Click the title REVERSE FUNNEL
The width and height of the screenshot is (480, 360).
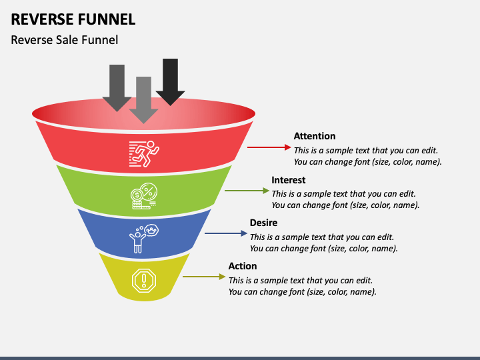tap(73, 19)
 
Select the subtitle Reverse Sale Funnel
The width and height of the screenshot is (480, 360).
tap(64, 40)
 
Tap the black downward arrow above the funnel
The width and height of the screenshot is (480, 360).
tap(170, 82)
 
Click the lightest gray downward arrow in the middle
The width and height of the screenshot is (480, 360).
tap(143, 100)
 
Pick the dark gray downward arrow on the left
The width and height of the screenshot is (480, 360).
tap(117, 88)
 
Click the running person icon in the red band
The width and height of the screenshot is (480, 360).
tap(144, 154)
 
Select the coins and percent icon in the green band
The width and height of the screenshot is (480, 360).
tap(144, 196)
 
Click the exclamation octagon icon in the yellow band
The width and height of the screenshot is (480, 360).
tap(144, 281)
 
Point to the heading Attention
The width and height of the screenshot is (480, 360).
tap(315, 136)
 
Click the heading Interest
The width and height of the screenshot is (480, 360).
tap(289, 180)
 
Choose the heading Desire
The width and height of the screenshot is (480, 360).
tap(263, 223)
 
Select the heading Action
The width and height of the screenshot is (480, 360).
tap(243, 266)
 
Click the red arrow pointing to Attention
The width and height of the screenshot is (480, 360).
tap(269, 147)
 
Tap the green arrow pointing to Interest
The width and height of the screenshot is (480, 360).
tap(247, 191)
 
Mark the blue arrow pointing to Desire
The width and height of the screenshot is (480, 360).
tap(226, 233)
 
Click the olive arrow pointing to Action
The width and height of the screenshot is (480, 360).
tap(204, 277)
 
